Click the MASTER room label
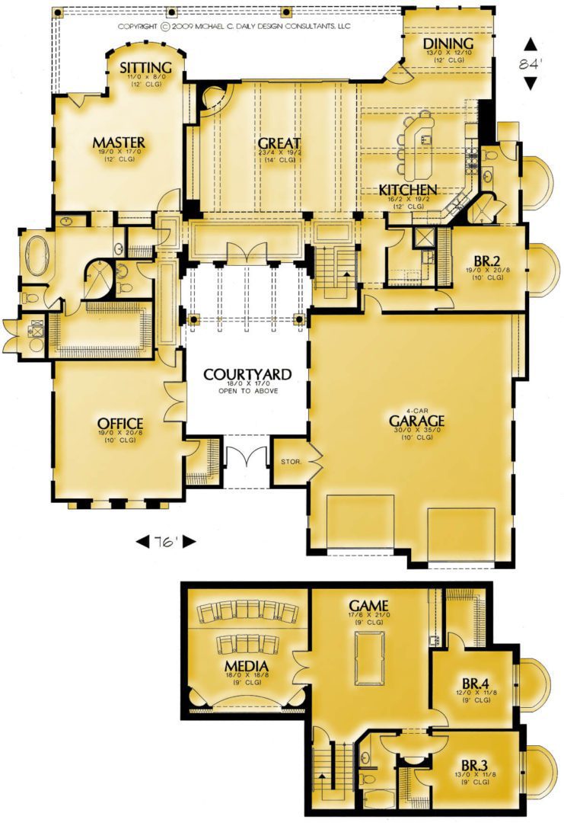[x=119, y=143]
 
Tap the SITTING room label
[x=145, y=68]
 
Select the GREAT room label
[x=279, y=143]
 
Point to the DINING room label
[x=448, y=43]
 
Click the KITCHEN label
[x=408, y=190]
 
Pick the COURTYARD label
[x=247, y=374]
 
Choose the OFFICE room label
[x=120, y=424]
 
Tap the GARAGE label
[x=416, y=421]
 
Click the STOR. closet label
[x=291, y=462]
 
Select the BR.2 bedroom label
[x=485, y=261]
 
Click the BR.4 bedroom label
[x=476, y=684]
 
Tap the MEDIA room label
[x=247, y=667]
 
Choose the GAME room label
[x=369, y=606]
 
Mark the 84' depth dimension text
[x=531, y=63]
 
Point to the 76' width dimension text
[x=166, y=543]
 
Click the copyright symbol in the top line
[x=164, y=26]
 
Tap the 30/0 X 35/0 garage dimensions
[x=417, y=431]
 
